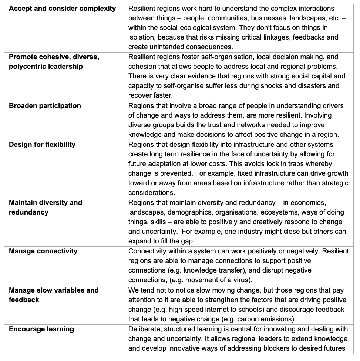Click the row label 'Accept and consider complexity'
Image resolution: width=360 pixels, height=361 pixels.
click(62, 9)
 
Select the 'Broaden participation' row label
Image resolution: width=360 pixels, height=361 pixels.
click(45, 106)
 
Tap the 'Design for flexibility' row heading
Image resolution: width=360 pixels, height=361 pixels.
click(42, 145)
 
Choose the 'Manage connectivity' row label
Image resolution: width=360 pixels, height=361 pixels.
click(43, 251)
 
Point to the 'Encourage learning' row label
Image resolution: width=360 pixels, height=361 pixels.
click(41, 329)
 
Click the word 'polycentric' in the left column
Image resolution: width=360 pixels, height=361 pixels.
click(28, 67)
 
